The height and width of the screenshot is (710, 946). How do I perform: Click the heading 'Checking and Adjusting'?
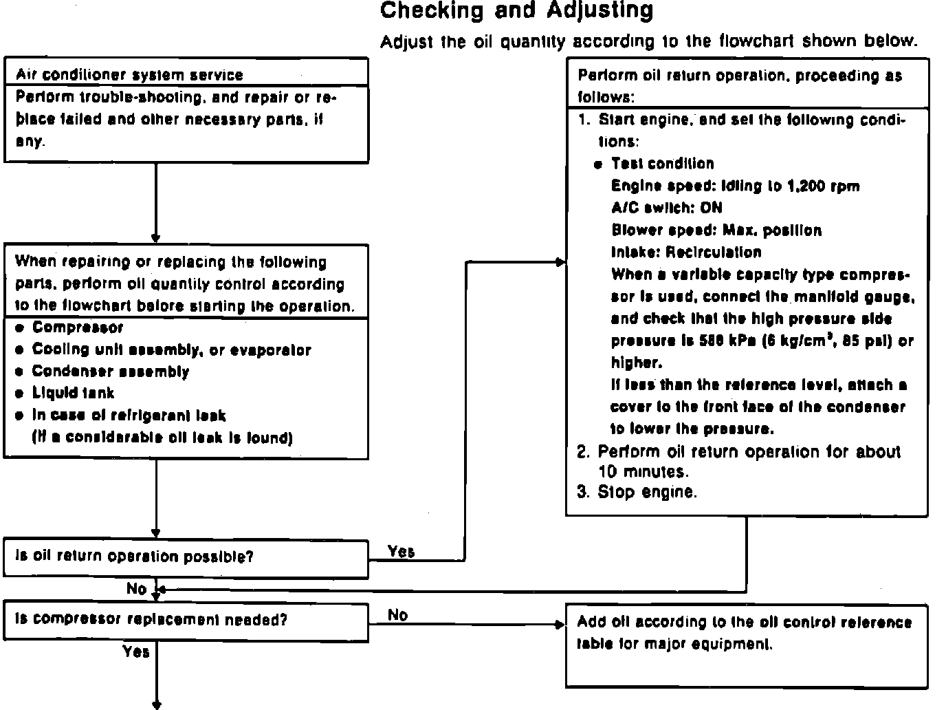pos(516,10)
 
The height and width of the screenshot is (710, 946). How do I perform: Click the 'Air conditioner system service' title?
pos(129,75)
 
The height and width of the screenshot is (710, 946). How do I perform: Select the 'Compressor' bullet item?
pos(77,327)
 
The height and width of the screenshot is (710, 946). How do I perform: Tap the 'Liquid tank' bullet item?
pos(73,393)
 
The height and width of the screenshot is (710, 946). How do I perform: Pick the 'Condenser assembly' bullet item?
pos(110,372)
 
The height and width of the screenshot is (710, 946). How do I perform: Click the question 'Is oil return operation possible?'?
pos(134,557)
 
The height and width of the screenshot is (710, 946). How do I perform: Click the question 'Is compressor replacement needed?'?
pos(151,619)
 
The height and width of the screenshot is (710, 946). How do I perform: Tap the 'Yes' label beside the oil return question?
pos(401,551)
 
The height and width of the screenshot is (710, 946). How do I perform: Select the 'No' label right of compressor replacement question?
pos(397,614)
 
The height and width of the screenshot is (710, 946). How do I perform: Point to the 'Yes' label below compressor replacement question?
pos(136,651)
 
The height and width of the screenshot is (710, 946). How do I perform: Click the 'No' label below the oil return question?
pos(136,589)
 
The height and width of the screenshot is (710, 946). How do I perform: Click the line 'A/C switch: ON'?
pos(666,208)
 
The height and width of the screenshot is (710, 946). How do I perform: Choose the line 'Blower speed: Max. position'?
pos(716,230)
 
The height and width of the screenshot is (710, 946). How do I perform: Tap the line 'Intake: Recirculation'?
pos(685,252)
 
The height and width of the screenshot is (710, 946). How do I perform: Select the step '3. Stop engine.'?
pos(637,492)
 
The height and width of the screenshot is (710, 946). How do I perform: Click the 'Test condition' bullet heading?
pos(662,164)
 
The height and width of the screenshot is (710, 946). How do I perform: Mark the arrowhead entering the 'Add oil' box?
pos(560,625)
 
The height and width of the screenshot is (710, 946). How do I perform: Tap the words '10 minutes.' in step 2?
pos(643,472)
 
